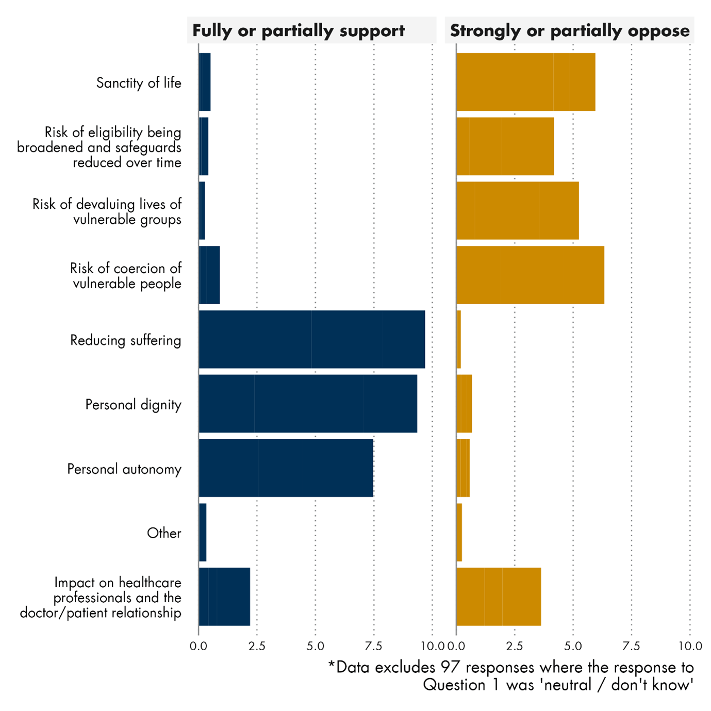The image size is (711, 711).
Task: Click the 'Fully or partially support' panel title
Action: pyautogui.click(x=299, y=31)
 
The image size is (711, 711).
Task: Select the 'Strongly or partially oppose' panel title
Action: pyautogui.click(x=569, y=31)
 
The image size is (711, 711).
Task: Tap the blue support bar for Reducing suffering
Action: pyautogui.click(x=311, y=339)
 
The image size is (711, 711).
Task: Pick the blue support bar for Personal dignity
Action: pyautogui.click(x=307, y=404)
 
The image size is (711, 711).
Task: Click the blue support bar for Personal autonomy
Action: pyautogui.click(x=286, y=468)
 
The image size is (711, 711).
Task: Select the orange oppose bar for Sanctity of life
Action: pyautogui.click(x=525, y=82)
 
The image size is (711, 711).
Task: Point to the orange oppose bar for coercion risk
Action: pyautogui.click(x=530, y=275)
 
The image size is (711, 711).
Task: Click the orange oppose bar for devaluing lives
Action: pyautogui.click(x=517, y=210)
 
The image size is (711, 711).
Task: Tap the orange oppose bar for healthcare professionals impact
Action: pyautogui.click(x=499, y=597)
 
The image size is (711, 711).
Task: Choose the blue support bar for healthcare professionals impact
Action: pyautogui.click(x=224, y=597)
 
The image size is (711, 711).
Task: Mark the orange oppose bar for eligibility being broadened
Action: pyautogui.click(x=505, y=146)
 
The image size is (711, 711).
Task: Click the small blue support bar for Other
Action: pyautogui.click(x=203, y=532)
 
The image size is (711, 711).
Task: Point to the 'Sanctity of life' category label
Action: pyautogui.click(x=139, y=83)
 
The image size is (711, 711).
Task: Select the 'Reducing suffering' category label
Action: pyautogui.click(x=126, y=340)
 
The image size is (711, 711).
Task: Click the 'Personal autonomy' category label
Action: pyautogui.click(x=124, y=469)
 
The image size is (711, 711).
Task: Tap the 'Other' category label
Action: pyautogui.click(x=164, y=533)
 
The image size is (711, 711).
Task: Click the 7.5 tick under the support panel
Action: pyautogui.click(x=374, y=646)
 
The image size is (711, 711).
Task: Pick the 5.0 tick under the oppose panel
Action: pyautogui.click(x=573, y=646)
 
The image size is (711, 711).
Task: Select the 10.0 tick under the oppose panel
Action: pyautogui.click(x=690, y=646)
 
